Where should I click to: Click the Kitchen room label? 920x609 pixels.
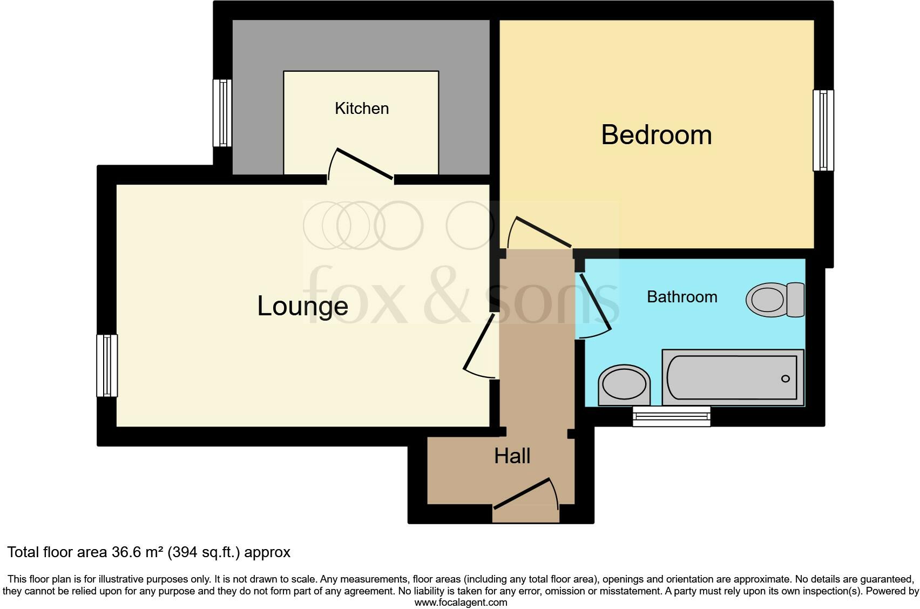coord(361,109)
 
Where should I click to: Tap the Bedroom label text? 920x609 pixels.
coord(656,135)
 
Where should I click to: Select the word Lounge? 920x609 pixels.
coord(302,306)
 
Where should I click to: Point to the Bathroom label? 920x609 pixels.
coord(682,297)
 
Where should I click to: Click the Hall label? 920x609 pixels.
coord(512,456)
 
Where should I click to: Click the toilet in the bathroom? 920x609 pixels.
coord(775,300)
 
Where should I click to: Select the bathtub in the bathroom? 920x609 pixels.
coord(733,377)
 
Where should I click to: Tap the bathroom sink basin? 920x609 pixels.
coord(624,384)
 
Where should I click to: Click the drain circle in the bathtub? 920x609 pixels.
coord(785,378)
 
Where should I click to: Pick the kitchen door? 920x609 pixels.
coord(364,163)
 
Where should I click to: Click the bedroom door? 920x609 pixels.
coord(544,233)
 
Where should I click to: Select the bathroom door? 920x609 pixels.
coord(595,303)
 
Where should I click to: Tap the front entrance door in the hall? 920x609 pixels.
coord(523,493)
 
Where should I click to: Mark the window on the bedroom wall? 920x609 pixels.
coord(823,130)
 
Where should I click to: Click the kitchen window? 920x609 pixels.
coord(222,113)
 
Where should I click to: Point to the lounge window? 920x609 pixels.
coord(107,366)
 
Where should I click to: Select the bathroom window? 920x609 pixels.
coord(672,416)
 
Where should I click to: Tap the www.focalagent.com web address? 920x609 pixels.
coord(460,603)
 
